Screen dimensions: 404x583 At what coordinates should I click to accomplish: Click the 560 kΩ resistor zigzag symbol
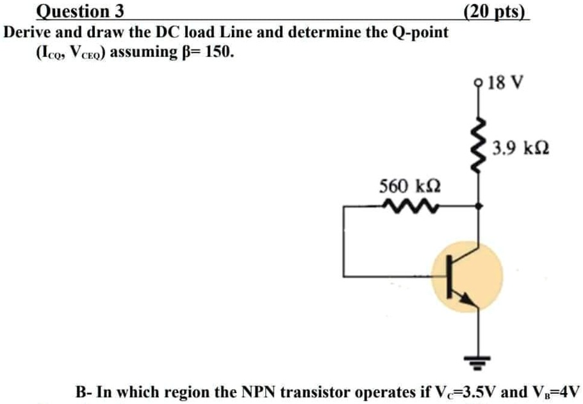pyautogui.click(x=402, y=206)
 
